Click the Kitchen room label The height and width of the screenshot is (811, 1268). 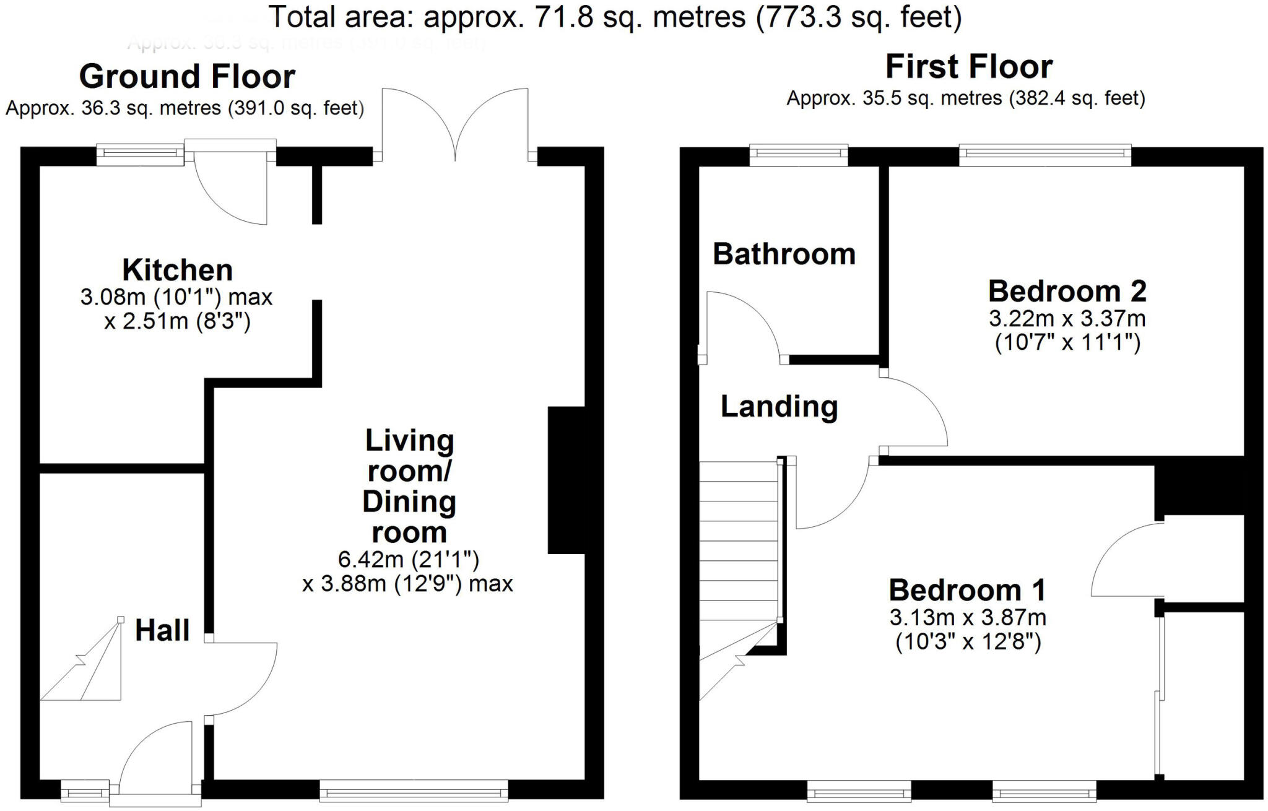tap(178, 271)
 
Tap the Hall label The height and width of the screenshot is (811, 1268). tap(162, 630)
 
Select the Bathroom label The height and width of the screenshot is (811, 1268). tap(784, 254)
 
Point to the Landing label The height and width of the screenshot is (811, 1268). tap(779, 407)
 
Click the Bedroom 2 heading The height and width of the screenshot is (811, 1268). tap(1067, 291)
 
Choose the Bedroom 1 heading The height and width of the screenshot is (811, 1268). tap(967, 590)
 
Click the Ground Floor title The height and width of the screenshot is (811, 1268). tap(187, 77)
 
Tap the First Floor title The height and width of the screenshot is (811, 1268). tap(969, 67)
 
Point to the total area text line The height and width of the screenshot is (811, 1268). tap(615, 17)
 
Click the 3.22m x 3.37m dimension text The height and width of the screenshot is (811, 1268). tap(1067, 319)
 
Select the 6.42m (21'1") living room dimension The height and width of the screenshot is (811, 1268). tap(409, 560)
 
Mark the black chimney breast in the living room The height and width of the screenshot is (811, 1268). tap(566, 480)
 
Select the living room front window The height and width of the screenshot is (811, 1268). tap(414, 791)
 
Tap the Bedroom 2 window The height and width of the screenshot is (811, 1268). tap(1045, 155)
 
